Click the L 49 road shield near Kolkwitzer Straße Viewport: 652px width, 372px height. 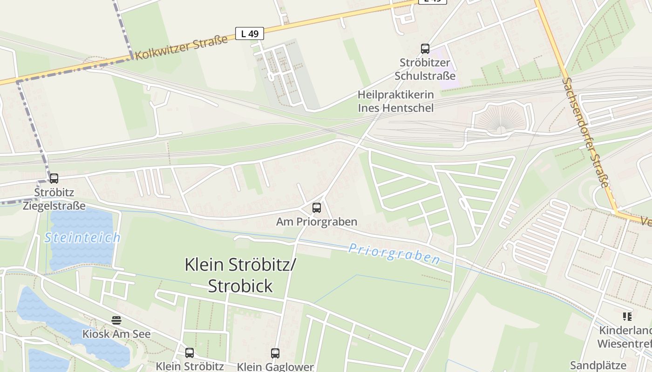click(250, 33)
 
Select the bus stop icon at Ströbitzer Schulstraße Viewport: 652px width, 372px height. click(425, 48)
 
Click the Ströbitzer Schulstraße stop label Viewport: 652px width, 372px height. click(425, 69)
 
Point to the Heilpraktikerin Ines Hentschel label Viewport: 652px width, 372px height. click(395, 101)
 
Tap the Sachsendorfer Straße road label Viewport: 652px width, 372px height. click(585, 133)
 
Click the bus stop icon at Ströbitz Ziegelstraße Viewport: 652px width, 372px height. click(54, 178)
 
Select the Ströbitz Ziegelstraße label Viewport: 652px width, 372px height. click(54, 199)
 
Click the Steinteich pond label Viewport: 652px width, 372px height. click(82, 238)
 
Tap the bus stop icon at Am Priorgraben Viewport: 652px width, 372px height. click(317, 207)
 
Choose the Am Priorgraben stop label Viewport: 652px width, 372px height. click(317, 222)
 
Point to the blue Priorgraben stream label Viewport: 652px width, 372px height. click(394, 253)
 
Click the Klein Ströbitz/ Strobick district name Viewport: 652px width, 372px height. click(240, 275)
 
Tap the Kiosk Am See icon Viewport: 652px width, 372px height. click(116, 320)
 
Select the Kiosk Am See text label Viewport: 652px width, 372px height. click(116, 334)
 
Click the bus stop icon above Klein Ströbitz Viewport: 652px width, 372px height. click(189, 352)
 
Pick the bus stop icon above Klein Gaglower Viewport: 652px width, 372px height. click(275, 353)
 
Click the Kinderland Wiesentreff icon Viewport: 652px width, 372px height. click(627, 317)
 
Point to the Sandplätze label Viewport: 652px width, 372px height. click(598, 365)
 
